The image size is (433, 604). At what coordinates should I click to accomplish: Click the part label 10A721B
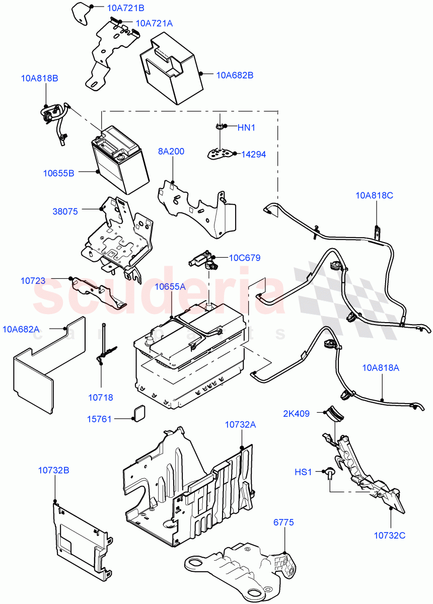pos(125,8)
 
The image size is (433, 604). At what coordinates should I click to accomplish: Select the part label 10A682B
pos(235,75)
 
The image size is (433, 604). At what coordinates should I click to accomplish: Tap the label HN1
pos(246,128)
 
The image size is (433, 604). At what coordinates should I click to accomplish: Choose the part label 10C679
pos(245,258)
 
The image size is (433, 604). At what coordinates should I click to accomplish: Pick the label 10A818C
pos(375,195)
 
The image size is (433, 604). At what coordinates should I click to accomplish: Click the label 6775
pos(284,522)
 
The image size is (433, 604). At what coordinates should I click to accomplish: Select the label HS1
pos(304,472)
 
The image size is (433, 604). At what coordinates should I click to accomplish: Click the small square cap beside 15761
pos(137,413)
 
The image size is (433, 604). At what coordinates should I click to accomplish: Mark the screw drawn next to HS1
pos(330,472)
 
